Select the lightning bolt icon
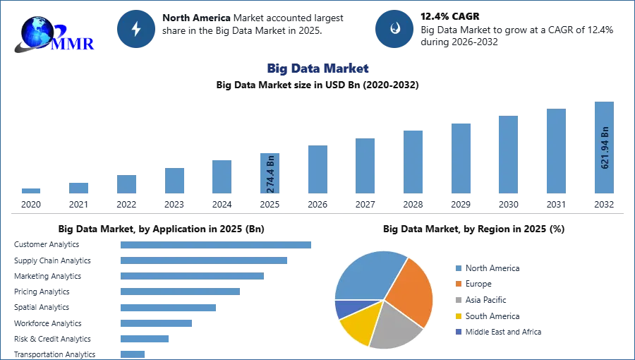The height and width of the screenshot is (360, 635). pyautogui.click(x=137, y=29)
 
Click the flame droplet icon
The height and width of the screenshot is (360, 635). pyautogui.click(x=394, y=29)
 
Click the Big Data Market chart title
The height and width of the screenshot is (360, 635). pyautogui.click(x=318, y=68)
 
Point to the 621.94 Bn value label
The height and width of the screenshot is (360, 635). pyautogui.click(x=605, y=148)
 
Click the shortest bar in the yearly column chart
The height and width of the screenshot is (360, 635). pyautogui.click(x=31, y=191)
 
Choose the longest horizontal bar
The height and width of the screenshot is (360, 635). pyautogui.click(x=217, y=244)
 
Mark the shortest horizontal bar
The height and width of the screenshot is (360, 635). pyautogui.click(x=133, y=354)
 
